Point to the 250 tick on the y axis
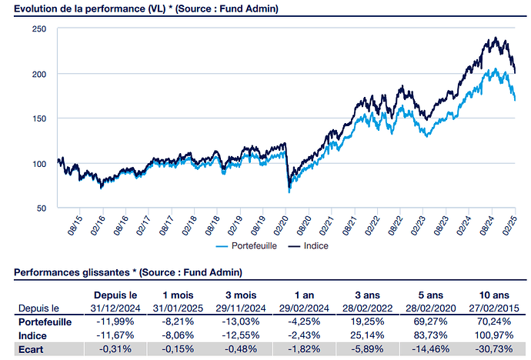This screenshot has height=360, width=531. tap(39, 28)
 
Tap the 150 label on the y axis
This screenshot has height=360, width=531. tap(39, 118)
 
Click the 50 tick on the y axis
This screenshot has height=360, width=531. tap(42, 208)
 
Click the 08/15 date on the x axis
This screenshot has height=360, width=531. tap(74, 224)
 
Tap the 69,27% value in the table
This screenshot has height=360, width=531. tap(426, 322)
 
